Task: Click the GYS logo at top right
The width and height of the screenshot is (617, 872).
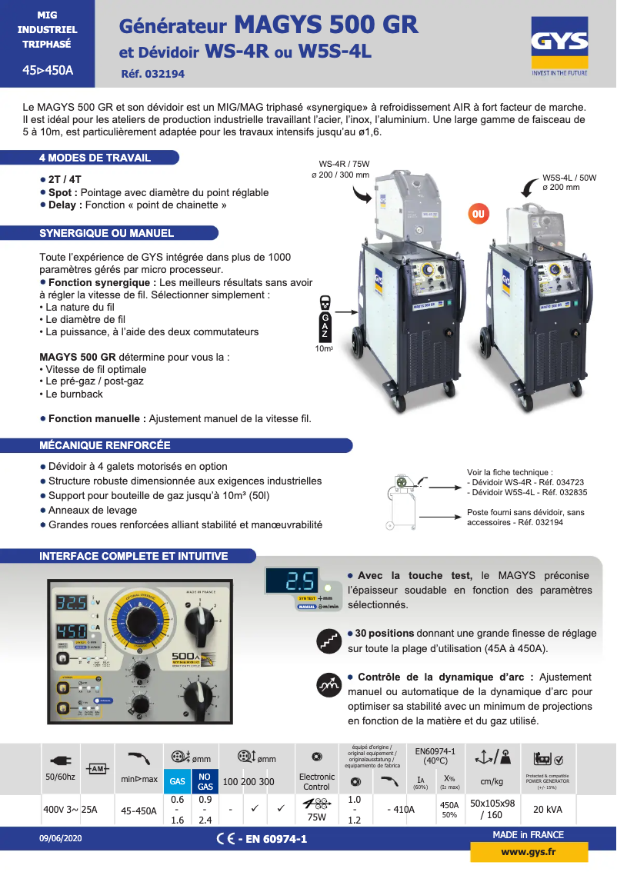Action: [x=559, y=48]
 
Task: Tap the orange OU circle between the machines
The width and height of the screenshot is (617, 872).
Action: [x=479, y=213]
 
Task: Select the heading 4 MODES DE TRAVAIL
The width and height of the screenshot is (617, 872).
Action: [x=95, y=158]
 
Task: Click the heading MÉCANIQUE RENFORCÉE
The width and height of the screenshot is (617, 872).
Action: [x=105, y=445]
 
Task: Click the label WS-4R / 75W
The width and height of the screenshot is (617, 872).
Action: [x=344, y=164]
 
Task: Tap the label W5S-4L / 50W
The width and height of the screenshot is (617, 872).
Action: [x=569, y=178]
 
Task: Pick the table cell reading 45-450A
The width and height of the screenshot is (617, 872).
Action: [x=139, y=809]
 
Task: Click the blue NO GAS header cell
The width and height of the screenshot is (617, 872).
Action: [x=205, y=780]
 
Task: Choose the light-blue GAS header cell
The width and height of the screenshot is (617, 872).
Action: [x=178, y=780]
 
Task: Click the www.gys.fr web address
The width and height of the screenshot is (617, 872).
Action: [x=529, y=852]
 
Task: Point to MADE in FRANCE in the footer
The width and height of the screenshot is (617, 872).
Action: [x=528, y=835]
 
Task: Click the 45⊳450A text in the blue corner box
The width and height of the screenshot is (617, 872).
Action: [x=48, y=70]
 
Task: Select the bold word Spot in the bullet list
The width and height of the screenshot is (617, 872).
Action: [x=60, y=192]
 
